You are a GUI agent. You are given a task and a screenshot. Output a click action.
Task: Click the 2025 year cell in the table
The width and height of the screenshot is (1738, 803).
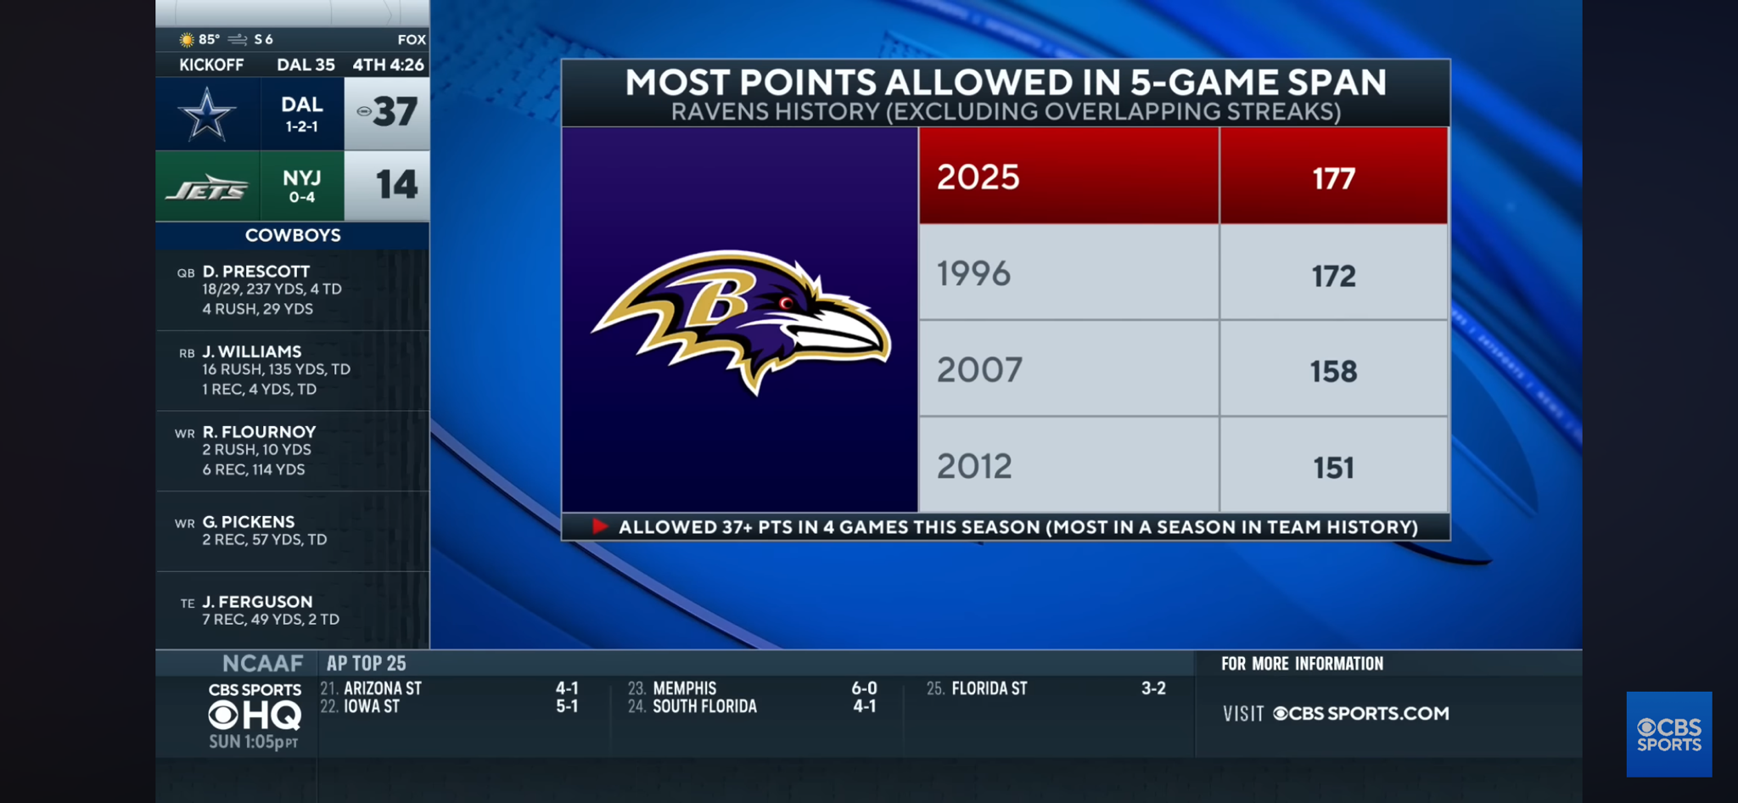click(978, 177)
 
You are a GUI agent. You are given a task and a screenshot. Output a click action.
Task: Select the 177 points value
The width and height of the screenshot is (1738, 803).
click(1333, 179)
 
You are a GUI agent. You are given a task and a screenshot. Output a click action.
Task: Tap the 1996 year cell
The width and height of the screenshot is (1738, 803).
click(973, 274)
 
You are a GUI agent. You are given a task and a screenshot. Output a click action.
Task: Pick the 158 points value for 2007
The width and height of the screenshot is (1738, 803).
click(1333, 372)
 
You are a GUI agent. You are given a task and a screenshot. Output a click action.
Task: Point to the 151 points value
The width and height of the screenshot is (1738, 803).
click(1333, 468)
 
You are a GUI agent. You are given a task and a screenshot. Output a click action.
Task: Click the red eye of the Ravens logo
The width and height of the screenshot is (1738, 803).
click(786, 302)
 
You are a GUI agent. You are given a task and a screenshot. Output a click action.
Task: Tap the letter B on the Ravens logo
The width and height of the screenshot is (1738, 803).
click(718, 300)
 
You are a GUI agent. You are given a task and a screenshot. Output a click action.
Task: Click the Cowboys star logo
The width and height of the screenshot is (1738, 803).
click(206, 115)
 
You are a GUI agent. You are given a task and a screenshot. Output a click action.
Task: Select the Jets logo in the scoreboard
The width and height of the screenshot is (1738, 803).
click(207, 188)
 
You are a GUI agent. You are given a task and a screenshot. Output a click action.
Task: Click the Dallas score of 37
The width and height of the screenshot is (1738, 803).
click(395, 112)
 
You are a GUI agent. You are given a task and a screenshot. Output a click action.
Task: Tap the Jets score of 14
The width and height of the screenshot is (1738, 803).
click(396, 185)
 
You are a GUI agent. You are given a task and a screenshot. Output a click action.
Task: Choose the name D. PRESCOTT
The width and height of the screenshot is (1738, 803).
click(255, 272)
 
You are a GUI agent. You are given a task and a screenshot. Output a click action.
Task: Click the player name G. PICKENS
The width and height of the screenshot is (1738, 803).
click(248, 522)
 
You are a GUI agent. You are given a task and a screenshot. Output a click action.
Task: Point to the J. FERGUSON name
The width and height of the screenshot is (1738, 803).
click(256, 602)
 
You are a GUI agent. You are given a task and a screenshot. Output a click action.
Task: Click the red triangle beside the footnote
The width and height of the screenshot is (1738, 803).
click(599, 526)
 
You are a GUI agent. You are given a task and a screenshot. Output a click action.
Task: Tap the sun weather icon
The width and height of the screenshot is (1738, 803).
click(187, 40)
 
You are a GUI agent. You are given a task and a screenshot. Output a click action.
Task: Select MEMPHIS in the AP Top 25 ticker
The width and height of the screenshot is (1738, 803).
click(684, 688)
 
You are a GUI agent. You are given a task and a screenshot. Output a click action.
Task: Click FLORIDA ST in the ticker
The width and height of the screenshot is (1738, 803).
click(989, 688)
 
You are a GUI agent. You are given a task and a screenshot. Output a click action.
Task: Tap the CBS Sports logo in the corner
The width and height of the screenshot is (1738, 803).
click(1668, 734)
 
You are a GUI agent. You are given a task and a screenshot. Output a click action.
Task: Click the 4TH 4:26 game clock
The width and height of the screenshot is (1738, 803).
click(388, 65)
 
